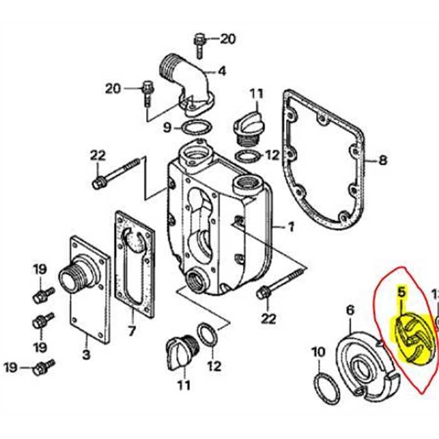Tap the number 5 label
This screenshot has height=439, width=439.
pyautogui.click(x=401, y=291)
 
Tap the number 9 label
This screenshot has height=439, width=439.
pyautogui.click(x=167, y=128)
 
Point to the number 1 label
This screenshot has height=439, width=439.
pyautogui.click(x=291, y=228)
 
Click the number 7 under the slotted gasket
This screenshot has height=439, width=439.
pyautogui.click(x=131, y=330)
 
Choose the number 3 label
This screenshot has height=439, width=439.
pyautogui.click(x=87, y=355)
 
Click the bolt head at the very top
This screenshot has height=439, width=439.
pyautogui.click(x=199, y=36)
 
